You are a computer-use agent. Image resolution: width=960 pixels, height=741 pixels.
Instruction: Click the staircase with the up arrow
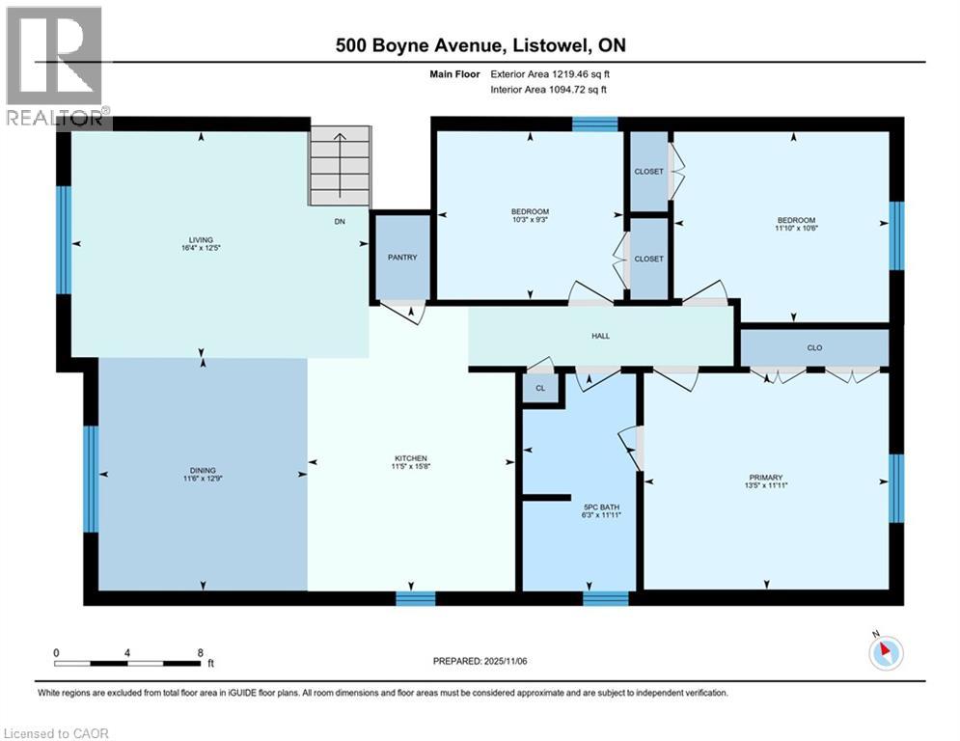pos(340,167)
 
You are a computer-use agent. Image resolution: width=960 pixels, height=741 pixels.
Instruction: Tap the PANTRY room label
pos(402,259)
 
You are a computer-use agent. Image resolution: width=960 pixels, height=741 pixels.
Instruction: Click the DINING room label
pos(202,470)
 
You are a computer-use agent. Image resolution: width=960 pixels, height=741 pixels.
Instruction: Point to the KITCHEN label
pos(410,458)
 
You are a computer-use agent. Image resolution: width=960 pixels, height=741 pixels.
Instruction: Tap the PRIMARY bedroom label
pos(766,477)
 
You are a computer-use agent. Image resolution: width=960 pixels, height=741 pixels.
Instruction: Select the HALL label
pos(601,336)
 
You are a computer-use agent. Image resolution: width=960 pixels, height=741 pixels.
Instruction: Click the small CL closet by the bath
pos(540,389)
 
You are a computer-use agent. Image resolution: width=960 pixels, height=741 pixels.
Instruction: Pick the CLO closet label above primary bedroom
pos(814,347)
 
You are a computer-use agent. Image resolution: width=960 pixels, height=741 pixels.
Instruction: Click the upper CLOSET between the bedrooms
pos(648,172)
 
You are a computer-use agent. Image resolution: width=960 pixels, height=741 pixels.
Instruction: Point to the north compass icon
pos(885,653)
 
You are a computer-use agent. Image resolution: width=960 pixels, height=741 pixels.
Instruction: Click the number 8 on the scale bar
pos(200,652)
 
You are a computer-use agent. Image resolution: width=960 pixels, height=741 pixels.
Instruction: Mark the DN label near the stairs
pos(340,221)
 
